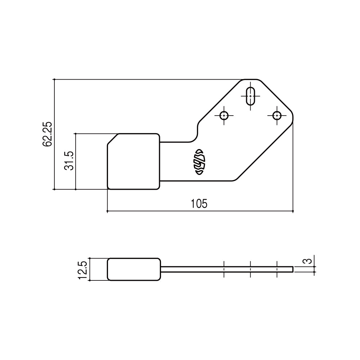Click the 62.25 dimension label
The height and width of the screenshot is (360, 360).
pos(47,134)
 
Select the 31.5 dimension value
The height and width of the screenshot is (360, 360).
pos(69,161)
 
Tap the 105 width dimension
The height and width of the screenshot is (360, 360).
pos(199,204)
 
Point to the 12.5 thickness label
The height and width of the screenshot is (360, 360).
pos(82,270)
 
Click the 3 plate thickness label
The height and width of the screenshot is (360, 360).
pos(307,261)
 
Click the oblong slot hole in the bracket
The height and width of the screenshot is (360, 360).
pos(250,96)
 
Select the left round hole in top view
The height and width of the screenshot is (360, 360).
pos(224,116)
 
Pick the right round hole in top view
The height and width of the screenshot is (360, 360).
pos(276,116)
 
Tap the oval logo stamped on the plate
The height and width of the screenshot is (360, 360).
pos(200,162)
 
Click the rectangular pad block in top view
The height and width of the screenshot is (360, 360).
pos(134,161)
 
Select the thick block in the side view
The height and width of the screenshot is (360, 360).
pos(134,269)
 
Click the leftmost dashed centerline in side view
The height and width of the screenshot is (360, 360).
pos(224,269)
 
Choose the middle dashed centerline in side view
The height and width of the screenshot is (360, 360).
pos(250,269)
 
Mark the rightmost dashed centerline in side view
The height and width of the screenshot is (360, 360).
pos(277,269)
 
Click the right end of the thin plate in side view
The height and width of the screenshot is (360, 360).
pos(292,269)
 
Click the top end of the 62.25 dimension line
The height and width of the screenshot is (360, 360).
pos(54,79)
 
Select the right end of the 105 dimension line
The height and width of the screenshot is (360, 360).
pos(293,211)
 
